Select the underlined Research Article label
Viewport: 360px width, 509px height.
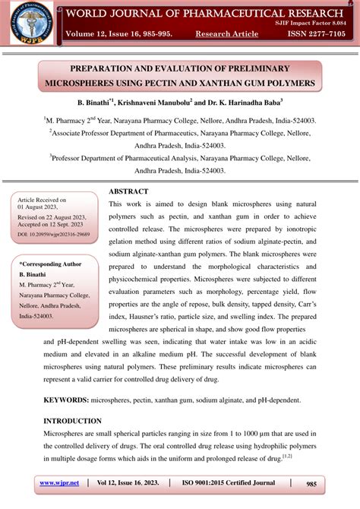pyautogui.click(x=226, y=34)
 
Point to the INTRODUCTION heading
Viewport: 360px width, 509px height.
pyautogui.click(x=72, y=421)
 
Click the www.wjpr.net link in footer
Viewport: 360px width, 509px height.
pyautogui.click(x=60, y=482)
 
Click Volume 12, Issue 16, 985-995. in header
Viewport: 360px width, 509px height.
pyautogui.click(x=120, y=34)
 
